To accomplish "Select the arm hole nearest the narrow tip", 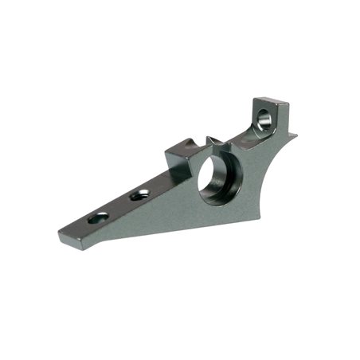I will coord(100,217).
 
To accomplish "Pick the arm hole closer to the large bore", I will coord(141,194).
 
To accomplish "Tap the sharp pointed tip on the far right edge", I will coord(295,135).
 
